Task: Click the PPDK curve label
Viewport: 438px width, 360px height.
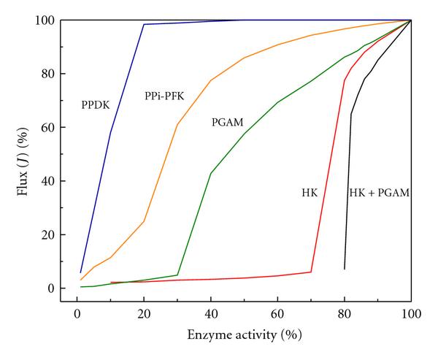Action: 95,106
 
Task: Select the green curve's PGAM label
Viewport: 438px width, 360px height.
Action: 228,123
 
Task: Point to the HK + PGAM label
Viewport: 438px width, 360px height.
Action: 378,193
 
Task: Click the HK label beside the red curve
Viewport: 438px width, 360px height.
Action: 310,193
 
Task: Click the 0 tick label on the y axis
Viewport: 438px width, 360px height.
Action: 52,288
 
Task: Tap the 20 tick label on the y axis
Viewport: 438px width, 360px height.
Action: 49,235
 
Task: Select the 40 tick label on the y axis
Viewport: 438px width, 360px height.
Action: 49,181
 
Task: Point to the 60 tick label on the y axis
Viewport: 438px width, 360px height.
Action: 49,128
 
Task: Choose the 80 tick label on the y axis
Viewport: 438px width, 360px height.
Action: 49,74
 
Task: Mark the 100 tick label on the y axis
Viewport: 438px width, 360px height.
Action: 46,20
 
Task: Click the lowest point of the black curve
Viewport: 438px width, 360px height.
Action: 345,269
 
